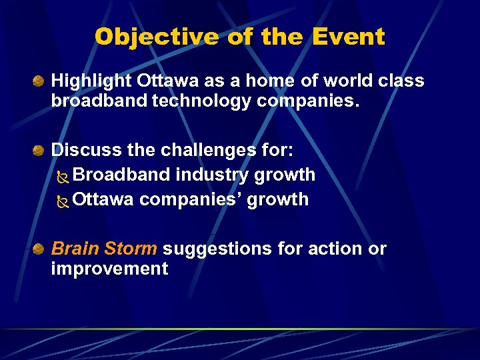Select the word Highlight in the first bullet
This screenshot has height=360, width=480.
click(x=92, y=81)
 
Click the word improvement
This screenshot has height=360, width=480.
click(x=109, y=269)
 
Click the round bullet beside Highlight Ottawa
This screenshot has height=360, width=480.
click(x=40, y=81)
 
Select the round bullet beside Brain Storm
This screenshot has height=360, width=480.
click(x=40, y=249)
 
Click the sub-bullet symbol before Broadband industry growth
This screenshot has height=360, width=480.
click(x=63, y=176)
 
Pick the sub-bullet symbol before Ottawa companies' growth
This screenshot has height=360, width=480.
click(x=63, y=200)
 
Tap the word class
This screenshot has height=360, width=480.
click(x=402, y=81)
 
